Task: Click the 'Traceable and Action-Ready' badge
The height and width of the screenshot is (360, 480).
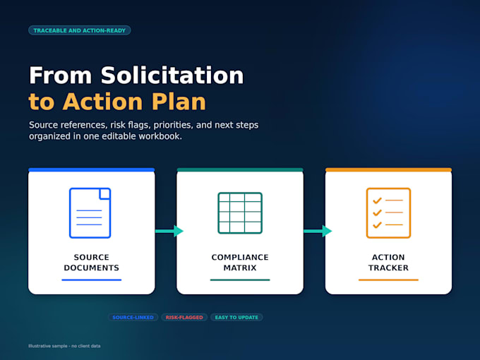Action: point(80,30)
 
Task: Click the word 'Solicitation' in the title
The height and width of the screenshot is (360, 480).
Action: point(172,76)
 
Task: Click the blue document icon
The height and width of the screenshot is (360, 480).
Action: point(90,213)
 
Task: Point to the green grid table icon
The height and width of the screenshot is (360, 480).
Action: point(240,213)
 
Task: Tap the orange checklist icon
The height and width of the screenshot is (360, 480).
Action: point(388,213)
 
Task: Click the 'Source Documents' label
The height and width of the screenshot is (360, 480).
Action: point(92,263)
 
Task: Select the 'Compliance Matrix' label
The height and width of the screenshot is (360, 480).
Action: point(240,263)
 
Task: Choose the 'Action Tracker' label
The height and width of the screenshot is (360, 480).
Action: point(388,263)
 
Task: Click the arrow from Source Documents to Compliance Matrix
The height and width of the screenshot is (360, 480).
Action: point(169,231)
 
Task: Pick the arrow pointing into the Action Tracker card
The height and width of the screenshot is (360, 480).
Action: point(318,231)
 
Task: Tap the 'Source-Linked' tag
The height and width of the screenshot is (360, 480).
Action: point(133,318)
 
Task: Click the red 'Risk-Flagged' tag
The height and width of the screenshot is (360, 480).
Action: point(184,318)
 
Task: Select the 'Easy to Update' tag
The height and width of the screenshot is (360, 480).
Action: point(236,318)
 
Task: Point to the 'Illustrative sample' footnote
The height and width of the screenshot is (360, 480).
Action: point(64,346)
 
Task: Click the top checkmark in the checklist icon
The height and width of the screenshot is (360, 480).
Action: point(377,200)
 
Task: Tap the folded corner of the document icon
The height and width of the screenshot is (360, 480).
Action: point(105,194)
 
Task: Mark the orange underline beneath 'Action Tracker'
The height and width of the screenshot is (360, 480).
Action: point(388,280)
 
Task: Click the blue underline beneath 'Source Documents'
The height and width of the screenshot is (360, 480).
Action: point(92,280)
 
